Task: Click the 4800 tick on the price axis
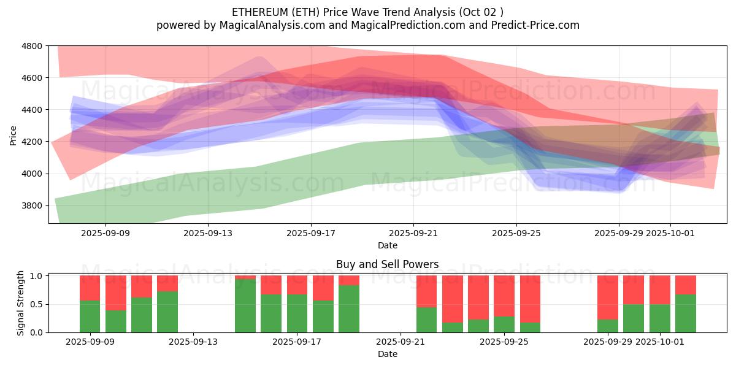[x=33, y=46]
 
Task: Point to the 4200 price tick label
[x=33, y=142]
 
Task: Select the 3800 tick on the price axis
[x=33, y=205]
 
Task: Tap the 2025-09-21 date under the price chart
[x=413, y=233]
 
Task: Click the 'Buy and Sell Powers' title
[x=387, y=265]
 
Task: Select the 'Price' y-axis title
[x=13, y=135]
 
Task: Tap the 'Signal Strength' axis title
[x=21, y=303]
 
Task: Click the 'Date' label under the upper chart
[x=387, y=245]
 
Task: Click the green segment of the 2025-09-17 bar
[x=297, y=313]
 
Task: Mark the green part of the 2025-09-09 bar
[x=90, y=316]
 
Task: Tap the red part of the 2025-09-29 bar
[x=608, y=297]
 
